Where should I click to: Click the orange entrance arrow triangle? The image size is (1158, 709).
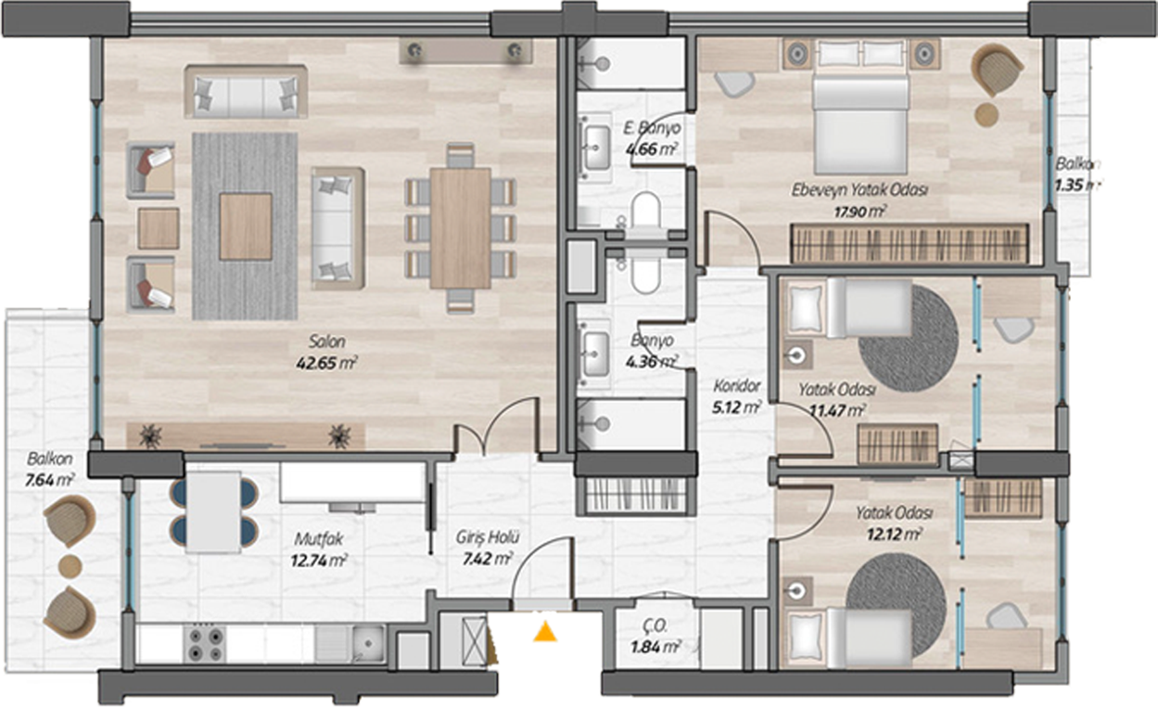tap(545, 632)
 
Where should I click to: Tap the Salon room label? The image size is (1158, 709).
tap(326, 342)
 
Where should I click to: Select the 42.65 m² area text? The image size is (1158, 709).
tap(326, 363)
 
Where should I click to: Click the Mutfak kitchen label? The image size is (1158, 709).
tap(318, 539)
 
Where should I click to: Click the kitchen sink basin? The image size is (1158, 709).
tap(367, 643)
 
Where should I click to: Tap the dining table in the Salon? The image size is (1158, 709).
tap(460, 228)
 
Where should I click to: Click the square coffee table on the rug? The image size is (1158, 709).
tap(246, 226)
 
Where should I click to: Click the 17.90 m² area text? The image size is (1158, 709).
tap(860, 212)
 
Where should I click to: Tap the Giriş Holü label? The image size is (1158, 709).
tap(487, 537)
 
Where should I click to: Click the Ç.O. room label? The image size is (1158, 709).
tap(656, 626)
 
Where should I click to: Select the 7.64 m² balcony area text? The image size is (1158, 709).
tap(50, 481)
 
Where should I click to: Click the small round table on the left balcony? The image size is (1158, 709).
tap(70, 566)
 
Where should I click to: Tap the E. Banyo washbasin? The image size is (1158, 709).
tap(596, 148)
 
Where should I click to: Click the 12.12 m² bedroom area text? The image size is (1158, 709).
tap(895, 535)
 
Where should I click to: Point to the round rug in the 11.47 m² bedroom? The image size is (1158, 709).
tap(909, 339)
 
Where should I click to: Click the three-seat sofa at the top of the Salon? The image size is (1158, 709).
tap(246, 92)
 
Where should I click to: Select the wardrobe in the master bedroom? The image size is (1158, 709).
tap(910, 244)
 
